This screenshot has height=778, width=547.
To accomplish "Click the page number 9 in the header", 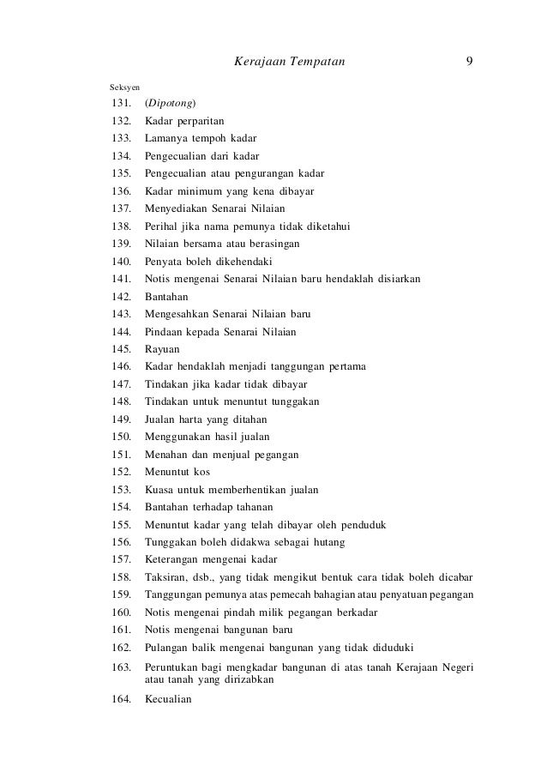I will coord(470,61).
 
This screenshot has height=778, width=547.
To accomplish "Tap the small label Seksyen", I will coord(125,87).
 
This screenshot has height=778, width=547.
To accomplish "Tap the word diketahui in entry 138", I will coord(334,226).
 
